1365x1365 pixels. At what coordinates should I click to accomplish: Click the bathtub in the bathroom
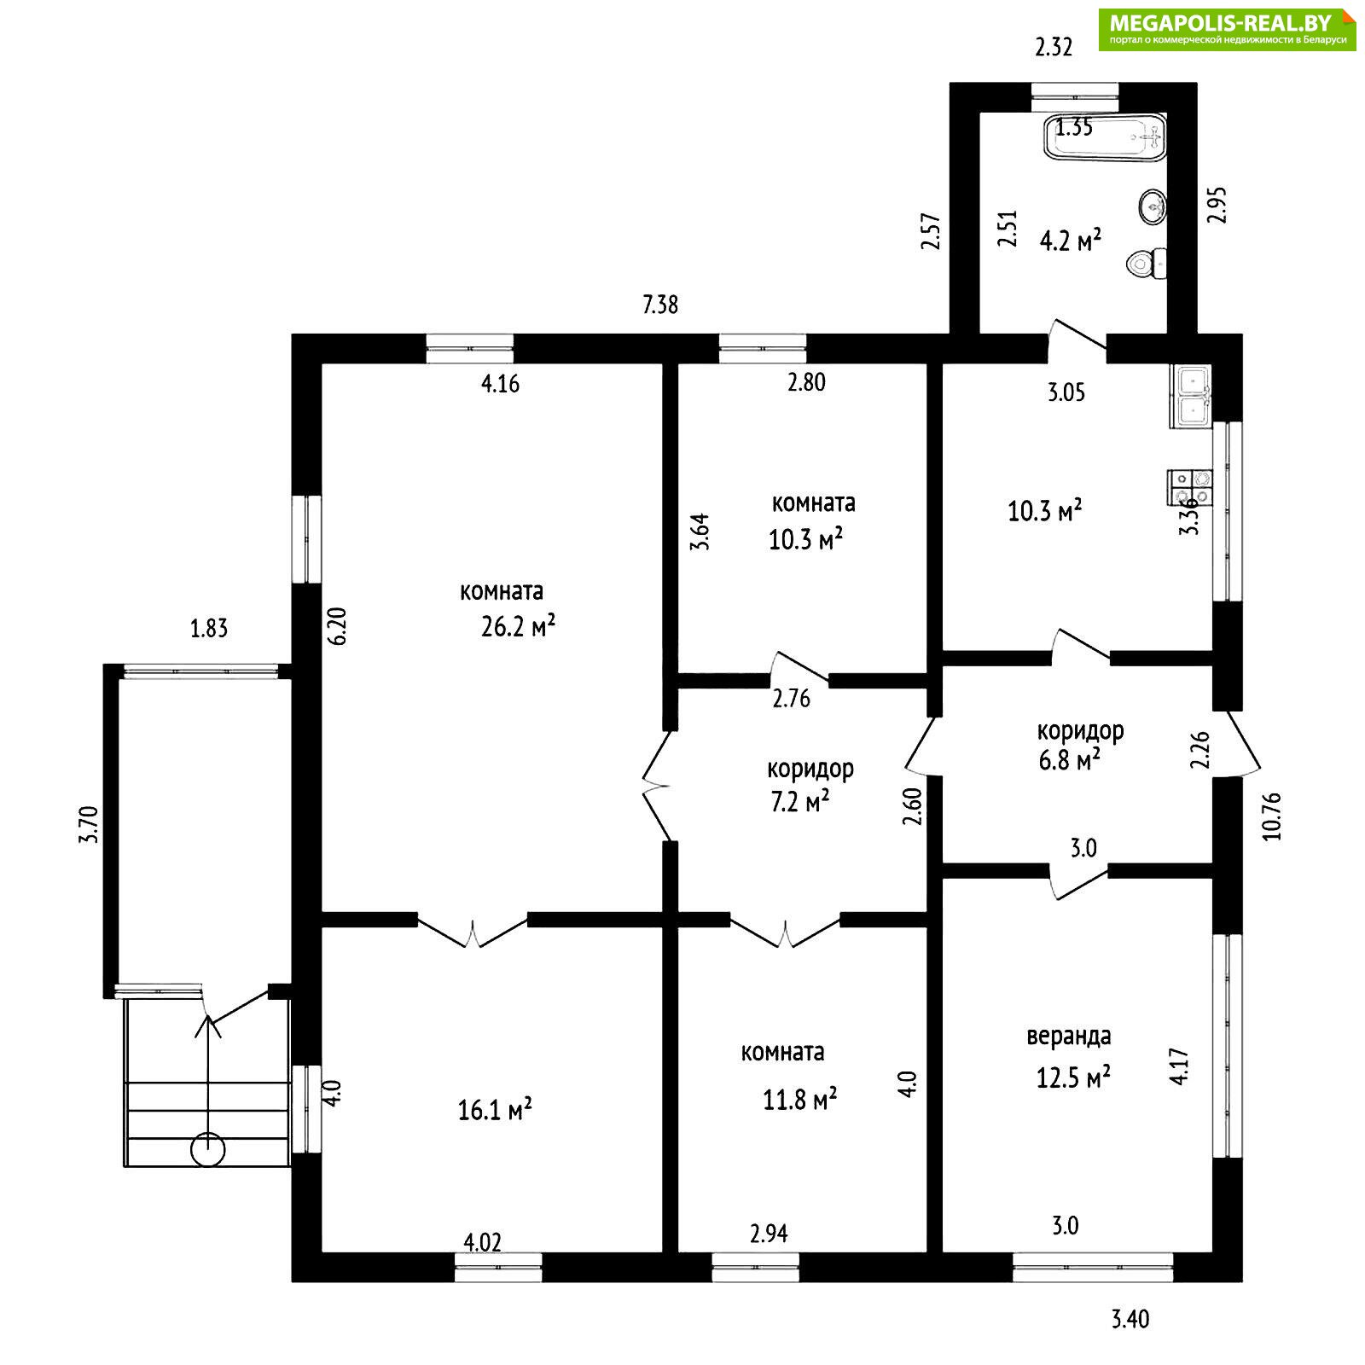click(x=1105, y=136)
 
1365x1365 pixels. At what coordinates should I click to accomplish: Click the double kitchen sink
click(x=1190, y=397)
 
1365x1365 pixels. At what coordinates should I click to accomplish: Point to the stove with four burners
click(x=1189, y=486)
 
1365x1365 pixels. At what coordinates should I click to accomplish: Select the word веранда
click(x=1068, y=1036)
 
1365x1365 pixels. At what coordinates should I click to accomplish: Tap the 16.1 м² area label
click(x=495, y=1110)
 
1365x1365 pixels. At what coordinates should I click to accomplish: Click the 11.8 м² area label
click(x=799, y=1099)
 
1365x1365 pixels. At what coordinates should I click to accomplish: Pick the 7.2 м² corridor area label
click(x=800, y=802)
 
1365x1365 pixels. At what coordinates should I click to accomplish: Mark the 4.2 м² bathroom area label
click(x=1070, y=241)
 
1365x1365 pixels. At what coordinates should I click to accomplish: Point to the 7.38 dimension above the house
click(x=660, y=304)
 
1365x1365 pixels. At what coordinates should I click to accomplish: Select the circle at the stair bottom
click(x=207, y=1150)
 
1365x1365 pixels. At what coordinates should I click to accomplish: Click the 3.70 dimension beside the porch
click(x=90, y=824)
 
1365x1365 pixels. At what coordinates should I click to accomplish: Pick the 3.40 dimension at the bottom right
click(x=1130, y=1320)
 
